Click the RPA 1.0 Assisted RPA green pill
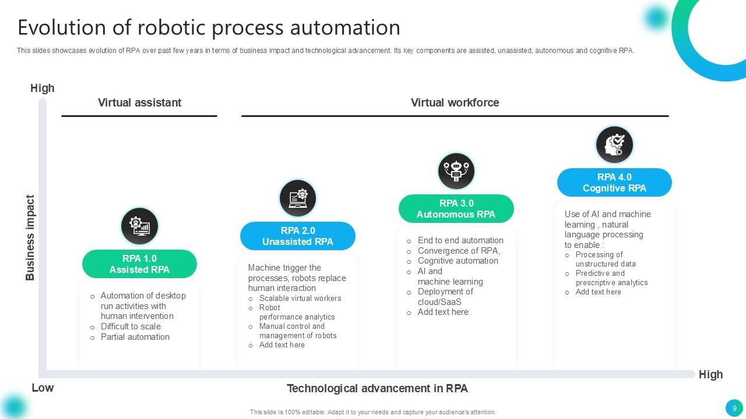tap(139, 264)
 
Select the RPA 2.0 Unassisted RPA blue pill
tap(298, 236)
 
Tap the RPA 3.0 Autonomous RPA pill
tap(456, 209)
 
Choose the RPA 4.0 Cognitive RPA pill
tap(614, 183)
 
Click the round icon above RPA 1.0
tap(139, 226)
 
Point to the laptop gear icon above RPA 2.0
tap(298, 198)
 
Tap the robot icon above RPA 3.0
tap(456, 171)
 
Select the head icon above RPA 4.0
tap(614, 144)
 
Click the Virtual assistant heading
tap(139, 103)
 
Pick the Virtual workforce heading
tap(455, 103)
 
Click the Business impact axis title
tap(30, 237)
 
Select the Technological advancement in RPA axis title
tap(377, 388)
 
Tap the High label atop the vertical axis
tap(43, 88)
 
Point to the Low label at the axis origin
tap(43, 388)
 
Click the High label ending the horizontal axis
tap(710, 375)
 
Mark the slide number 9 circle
tap(734, 408)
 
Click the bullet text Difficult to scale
tap(131, 326)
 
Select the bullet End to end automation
tap(460, 240)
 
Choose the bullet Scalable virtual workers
tap(300, 299)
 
